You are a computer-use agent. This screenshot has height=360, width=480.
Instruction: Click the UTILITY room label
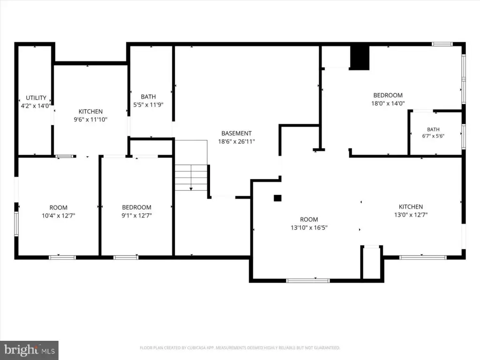pyautogui.click(x=36, y=97)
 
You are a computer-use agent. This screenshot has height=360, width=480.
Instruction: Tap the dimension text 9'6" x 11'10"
pyautogui.click(x=90, y=120)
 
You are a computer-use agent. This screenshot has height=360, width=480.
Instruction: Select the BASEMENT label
pyautogui.click(x=236, y=133)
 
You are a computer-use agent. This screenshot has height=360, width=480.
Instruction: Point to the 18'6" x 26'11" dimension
pyautogui.click(x=236, y=142)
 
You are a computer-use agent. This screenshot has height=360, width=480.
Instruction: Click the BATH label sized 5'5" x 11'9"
pyautogui.click(x=148, y=97)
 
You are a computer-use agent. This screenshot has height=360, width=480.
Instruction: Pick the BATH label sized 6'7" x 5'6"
pyautogui.click(x=433, y=129)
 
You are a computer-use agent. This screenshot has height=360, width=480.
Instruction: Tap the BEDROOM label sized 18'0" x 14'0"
pyautogui.click(x=388, y=95)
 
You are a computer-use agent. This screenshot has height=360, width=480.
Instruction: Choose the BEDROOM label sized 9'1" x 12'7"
pyautogui.click(x=136, y=207)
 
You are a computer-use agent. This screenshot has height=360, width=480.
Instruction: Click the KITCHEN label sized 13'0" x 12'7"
pyautogui.click(x=411, y=207)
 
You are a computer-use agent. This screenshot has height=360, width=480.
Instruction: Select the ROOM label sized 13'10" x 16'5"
pyautogui.click(x=309, y=219)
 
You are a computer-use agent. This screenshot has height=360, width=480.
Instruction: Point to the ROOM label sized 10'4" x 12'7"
pyautogui.click(x=59, y=208)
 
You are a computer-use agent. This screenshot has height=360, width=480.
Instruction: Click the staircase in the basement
pyautogui.click(x=191, y=178)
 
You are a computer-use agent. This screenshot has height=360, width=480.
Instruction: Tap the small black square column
pyautogui.click(x=277, y=198)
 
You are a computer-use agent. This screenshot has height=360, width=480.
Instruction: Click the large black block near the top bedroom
pyautogui.click(x=360, y=58)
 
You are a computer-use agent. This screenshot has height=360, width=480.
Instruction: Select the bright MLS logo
pyautogui.click(x=29, y=350)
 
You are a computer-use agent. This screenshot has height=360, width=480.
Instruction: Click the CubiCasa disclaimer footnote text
pyautogui.click(x=240, y=348)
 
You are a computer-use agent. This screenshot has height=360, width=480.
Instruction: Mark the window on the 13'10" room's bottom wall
pyautogui.click(x=308, y=280)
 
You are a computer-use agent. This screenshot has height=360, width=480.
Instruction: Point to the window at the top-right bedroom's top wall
pyautogui.click(x=442, y=44)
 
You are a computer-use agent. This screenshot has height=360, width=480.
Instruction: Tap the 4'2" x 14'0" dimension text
pyautogui.click(x=36, y=106)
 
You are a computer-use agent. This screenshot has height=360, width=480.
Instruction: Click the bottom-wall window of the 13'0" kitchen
pyautogui.click(x=423, y=257)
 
